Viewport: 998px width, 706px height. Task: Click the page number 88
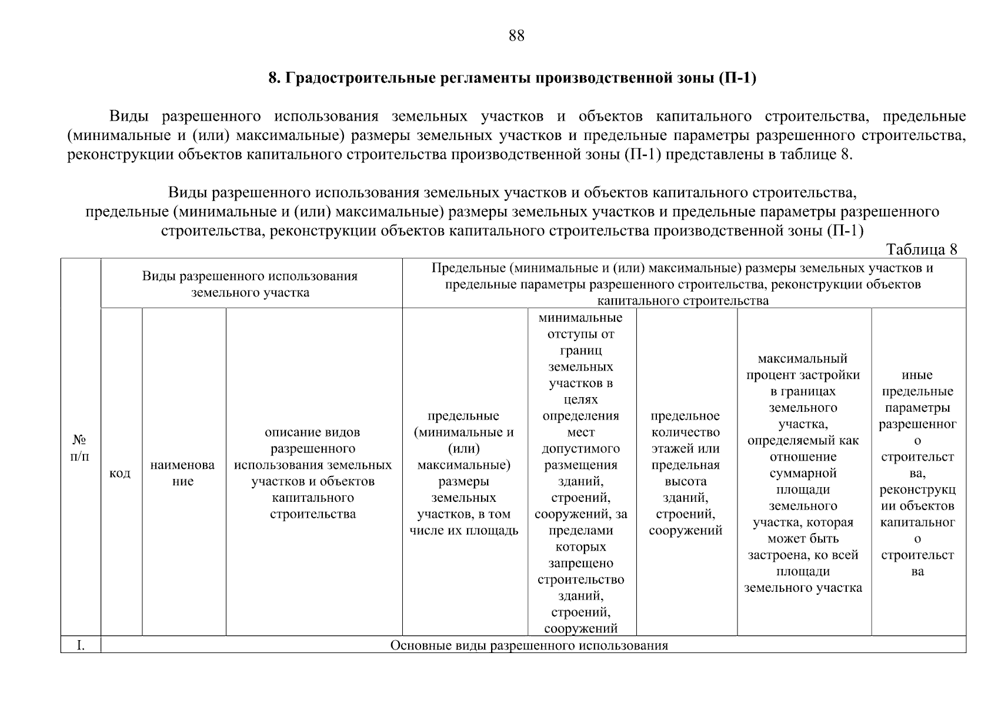pyautogui.click(x=516, y=36)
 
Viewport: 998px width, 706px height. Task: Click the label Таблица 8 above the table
pyautogui.click(x=922, y=249)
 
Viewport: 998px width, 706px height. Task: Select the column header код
pyautogui.click(x=120, y=473)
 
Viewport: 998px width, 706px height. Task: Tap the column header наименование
pyautogui.click(x=183, y=473)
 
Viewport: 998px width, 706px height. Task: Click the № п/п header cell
pyautogui.click(x=80, y=448)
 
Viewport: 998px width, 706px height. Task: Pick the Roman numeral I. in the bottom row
pyautogui.click(x=81, y=645)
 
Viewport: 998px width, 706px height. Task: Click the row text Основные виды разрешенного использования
pyautogui.click(x=529, y=645)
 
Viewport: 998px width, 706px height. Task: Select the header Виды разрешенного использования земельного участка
pyautogui.click(x=250, y=284)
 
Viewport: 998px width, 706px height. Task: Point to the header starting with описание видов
pyautogui.click(x=313, y=473)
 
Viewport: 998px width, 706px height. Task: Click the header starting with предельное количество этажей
pyautogui.click(x=686, y=473)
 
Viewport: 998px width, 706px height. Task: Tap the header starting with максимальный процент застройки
pyautogui.click(x=803, y=473)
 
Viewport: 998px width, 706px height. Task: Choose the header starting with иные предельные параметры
pyautogui.click(x=917, y=473)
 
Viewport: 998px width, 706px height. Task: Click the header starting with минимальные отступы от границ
pyautogui.click(x=580, y=473)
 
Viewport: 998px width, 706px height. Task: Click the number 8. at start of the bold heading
pyautogui.click(x=274, y=78)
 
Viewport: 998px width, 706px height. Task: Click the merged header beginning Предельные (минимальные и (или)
pyautogui.click(x=683, y=284)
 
